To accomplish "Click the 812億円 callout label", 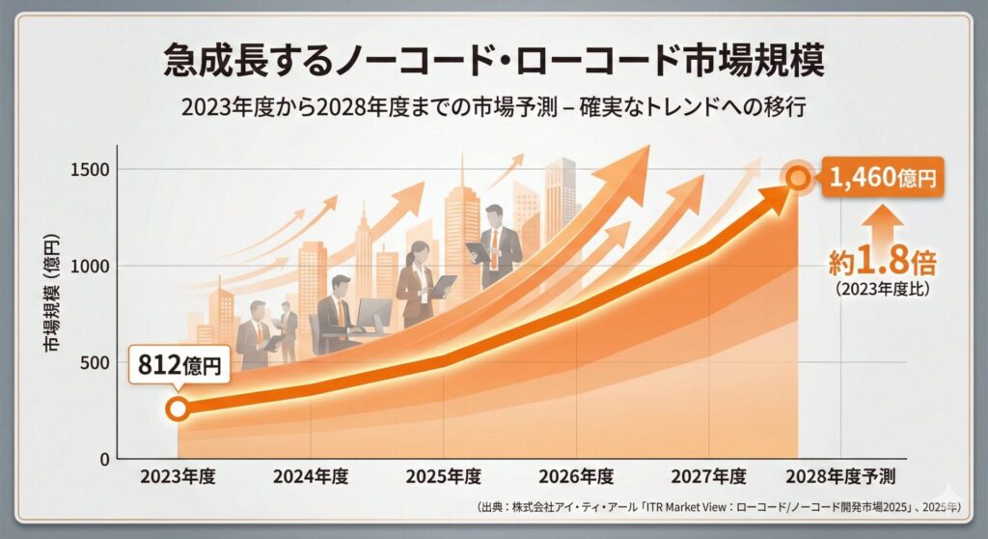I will pyautogui.click(x=179, y=365).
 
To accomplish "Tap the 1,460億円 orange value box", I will pyautogui.click(x=883, y=176).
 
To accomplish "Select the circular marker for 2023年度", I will pyautogui.click(x=178, y=409).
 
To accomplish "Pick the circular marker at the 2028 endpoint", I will pyautogui.click(x=798, y=177).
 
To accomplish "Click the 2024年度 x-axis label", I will pyautogui.click(x=310, y=477).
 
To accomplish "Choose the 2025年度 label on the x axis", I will pyautogui.click(x=444, y=477).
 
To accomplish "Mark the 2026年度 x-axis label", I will pyautogui.click(x=576, y=477).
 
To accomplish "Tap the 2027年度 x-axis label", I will pyautogui.click(x=709, y=477).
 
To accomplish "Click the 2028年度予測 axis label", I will pyautogui.click(x=840, y=477).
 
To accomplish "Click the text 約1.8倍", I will pyautogui.click(x=882, y=261).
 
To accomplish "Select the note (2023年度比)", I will pyautogui.click(x=882, y=287).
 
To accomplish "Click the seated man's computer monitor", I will pyautogui.click(x=373, y=315).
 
